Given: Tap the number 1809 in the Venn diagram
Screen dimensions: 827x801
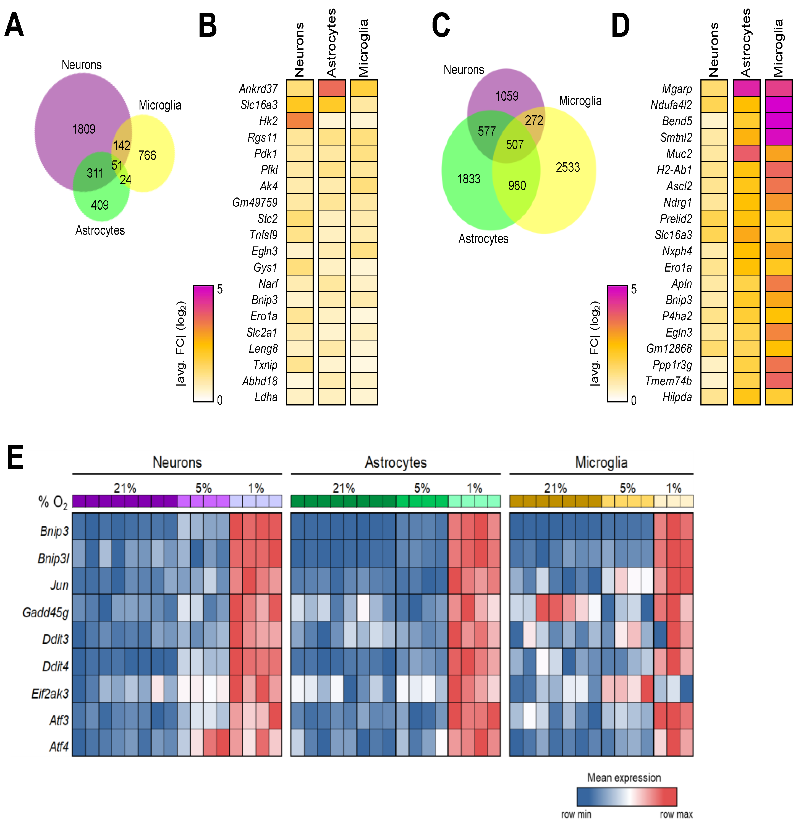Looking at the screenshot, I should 84,129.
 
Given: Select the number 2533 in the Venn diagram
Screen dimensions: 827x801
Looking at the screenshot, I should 567,168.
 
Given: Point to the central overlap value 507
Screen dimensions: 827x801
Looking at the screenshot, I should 514,145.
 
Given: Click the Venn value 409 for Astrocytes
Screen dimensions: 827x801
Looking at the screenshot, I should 100,206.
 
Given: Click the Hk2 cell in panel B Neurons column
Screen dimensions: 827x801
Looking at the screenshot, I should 300,121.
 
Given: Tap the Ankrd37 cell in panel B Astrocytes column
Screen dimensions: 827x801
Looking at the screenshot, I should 332,89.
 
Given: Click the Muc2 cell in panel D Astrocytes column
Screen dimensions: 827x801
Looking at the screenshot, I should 746,154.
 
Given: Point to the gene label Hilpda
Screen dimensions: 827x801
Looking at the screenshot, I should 677,397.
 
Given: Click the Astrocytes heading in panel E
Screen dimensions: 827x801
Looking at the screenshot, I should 396,462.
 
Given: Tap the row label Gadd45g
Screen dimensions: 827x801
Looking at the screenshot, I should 46,612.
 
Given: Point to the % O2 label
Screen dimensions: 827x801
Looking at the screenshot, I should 53,502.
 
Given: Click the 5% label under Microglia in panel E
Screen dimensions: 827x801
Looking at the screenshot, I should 627,488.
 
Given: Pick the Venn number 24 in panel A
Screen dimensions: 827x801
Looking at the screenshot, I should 126,180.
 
